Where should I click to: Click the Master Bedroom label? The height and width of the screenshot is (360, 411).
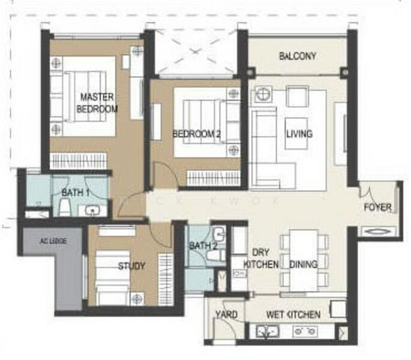tap(97, 103)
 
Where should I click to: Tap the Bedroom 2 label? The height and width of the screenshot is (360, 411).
tap(197, 134)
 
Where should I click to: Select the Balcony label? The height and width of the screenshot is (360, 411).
tap(298, 56)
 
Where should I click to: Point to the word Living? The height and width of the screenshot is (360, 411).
tap(299, 134)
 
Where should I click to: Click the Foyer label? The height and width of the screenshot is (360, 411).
tap(378, 208)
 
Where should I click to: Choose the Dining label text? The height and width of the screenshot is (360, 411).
tap(303, 264)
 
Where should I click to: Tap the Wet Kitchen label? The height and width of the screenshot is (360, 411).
tap(293, 314)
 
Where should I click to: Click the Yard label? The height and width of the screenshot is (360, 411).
tap(226, 314)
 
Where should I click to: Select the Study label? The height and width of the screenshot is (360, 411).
tap(131, 266)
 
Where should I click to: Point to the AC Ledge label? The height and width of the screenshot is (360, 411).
tap(53, 241)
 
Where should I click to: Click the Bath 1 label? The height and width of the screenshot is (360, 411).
tap(76, 193)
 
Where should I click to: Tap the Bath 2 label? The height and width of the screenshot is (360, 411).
tap(203, 246)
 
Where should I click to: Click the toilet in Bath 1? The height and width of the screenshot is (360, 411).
tap(64, 207)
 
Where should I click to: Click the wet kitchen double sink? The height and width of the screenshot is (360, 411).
tap(268, 331)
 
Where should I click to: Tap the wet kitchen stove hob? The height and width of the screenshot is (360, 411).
tap(305, 331)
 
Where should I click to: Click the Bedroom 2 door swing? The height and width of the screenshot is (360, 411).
tap(165, 173)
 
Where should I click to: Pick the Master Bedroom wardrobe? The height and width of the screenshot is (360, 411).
tap(79, 161)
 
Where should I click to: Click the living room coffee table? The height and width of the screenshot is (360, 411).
tap(296, 133)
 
